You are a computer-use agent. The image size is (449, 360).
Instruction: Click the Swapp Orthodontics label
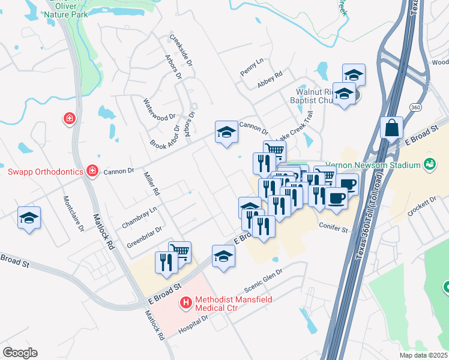click(x=45, y=172)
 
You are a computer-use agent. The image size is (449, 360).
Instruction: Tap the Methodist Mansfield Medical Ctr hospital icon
click(x=186, y=303)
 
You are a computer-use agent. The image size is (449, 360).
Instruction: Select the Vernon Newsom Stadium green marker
click(x=429, y=163)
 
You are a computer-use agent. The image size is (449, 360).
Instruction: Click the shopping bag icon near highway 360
click(x=391, y=128)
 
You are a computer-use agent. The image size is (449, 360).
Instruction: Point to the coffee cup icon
click(x=336, y=198)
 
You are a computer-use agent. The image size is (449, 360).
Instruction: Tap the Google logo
click(x=20, y=353)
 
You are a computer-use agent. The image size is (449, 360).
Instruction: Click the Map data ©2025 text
click(x=423, y=355)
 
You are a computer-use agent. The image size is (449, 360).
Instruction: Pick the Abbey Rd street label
click(x=270, y=80)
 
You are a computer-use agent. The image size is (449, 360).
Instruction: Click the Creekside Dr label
click(x=181, y=50)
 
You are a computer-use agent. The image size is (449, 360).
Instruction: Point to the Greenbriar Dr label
click(x=145, y=237)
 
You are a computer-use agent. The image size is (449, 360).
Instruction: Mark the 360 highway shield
click(x=415, y=107)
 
